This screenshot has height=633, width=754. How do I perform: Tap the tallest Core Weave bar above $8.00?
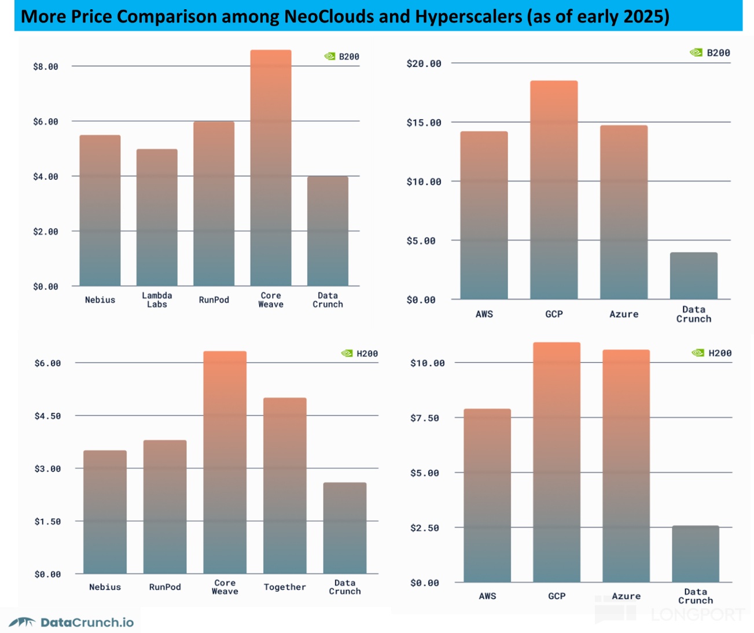(271, 168)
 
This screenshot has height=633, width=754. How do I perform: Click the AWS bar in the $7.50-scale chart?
(487, 495)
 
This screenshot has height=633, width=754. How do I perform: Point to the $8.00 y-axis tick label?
(46, 67)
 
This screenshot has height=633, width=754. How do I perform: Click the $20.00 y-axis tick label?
(424, 64)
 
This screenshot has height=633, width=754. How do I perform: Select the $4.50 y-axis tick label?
(47, 416)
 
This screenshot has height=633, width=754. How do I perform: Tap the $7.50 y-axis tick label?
(424, 418)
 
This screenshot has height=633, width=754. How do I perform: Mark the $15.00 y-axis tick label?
(424, 123)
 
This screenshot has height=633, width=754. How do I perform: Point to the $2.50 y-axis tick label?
(424, 528)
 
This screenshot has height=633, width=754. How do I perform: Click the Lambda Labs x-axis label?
(157, 300)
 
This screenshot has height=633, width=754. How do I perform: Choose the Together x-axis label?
(285, 587)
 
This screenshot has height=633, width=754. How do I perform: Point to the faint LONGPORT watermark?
(697, 614)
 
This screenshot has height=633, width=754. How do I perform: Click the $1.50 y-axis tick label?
(47, 521)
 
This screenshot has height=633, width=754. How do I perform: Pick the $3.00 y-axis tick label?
(47, 469)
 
